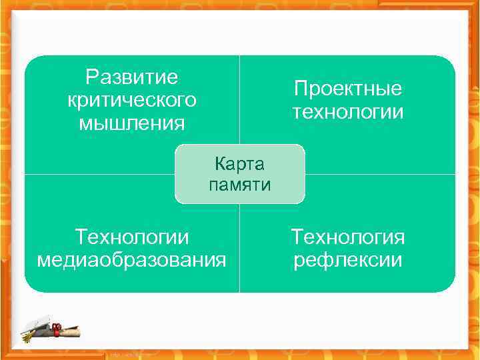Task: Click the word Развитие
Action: (x=132, y=77)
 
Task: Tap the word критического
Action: (x=132, y=100)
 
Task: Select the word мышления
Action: (x=132, y=123)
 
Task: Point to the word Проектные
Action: (x=348, y=89)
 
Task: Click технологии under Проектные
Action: (x=348, y=111)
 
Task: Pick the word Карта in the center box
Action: (x=239, y=163)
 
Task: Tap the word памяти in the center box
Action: (x=239, y=185)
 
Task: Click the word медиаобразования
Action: (x=131, y=259)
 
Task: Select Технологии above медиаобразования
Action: (x=132, y=237)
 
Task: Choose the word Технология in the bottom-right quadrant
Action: (x=348, y=237)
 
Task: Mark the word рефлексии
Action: (x=348, y=259)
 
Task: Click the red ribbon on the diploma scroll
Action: (x=57, y=327)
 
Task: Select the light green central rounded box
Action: (x=239, y=174)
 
